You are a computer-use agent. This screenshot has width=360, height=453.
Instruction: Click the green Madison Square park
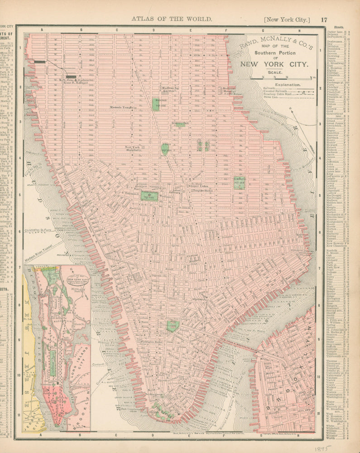[161, 103]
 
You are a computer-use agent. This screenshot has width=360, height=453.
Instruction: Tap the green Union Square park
[165, 148]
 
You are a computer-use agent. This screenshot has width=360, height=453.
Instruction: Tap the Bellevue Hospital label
[227, 90]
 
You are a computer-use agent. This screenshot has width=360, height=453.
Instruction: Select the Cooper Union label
[198, 186]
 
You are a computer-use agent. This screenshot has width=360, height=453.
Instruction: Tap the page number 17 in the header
[324, 19]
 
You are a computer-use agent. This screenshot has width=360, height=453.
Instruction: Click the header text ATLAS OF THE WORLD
[171, 19]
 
